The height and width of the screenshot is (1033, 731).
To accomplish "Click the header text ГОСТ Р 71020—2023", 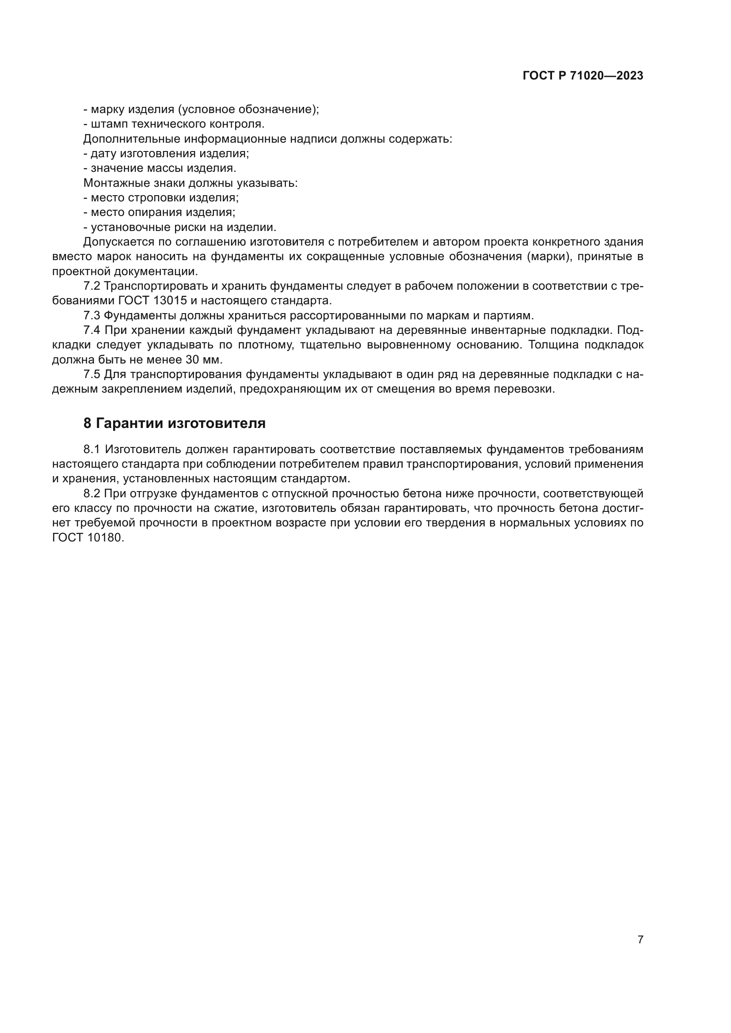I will pos(583,76).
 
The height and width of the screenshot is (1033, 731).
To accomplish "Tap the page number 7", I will pos(640,939).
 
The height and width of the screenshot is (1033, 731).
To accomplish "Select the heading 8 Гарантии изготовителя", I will pos(175,424).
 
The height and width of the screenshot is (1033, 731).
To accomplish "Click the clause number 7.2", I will pos(92,286).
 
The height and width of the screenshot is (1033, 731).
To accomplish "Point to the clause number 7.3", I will pos(92,315).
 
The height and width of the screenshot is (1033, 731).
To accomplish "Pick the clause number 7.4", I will pos(92,330).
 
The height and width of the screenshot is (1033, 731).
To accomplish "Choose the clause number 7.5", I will pos(92,375).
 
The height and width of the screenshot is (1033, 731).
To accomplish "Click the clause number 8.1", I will pos(92,450).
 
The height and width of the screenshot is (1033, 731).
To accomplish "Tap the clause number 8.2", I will pos(92,494).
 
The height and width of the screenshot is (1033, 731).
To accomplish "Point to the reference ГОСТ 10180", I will pos(88,537).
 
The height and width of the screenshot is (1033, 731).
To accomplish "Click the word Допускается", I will pos(119,242).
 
